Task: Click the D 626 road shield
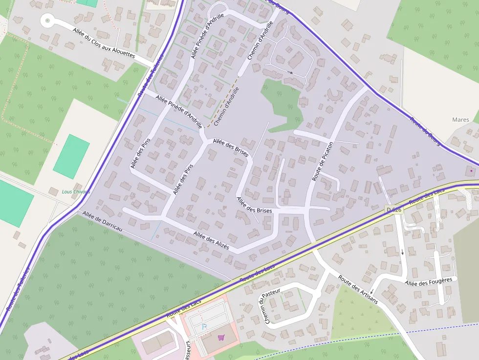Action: pyautogui.click(x=394, y=210)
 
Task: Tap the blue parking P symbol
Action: pyautogui.click(x=204, y=326)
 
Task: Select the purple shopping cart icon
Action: pyautogui.click(x=221, y=337)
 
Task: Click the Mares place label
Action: pyautogui.click(x=460, y=120)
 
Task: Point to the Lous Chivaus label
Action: pyautogui.click(x=76, y=191)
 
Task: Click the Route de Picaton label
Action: pyautogui.click(x=323, y=162)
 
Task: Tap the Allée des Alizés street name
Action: pyautogui.click(x=211, y=240)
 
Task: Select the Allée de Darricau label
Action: pyautogui.click(x=102, y=221)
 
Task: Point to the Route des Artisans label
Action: pyautogui.click(x=358, y=289)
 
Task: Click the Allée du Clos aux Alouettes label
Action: pyautogui.click(x=104, y=43)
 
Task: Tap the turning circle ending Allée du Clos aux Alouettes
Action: pyautogui.click(x=47, y=21)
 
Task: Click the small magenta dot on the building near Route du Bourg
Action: pyautogui.click(x=471, y=171)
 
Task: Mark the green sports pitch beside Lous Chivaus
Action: pyautogui.click(x=71, y=156)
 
